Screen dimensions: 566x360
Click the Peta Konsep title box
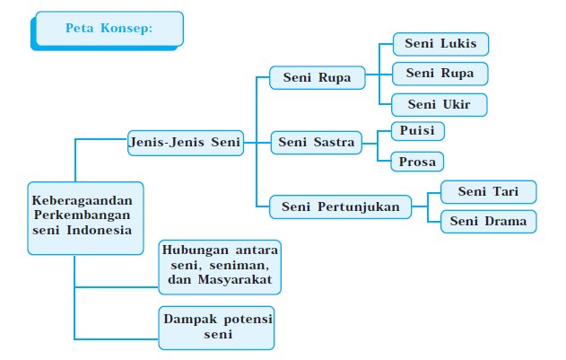[x=109, y=28]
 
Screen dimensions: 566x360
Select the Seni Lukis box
[x=440, y=43]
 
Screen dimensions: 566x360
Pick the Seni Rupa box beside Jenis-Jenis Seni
[x=318, y=77]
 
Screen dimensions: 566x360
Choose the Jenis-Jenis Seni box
[x=185, y=143]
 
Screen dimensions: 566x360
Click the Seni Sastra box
[x=316, y=143]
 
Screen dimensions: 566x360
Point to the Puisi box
[x=417, y=131]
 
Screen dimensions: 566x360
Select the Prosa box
[x=417, y=162]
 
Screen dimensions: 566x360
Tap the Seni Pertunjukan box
[x=340, y=207]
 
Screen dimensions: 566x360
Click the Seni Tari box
[x=488, y=191]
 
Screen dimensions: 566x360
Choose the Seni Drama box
[x=488, y=221]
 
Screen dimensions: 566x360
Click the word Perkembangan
[x=82, y=215]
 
